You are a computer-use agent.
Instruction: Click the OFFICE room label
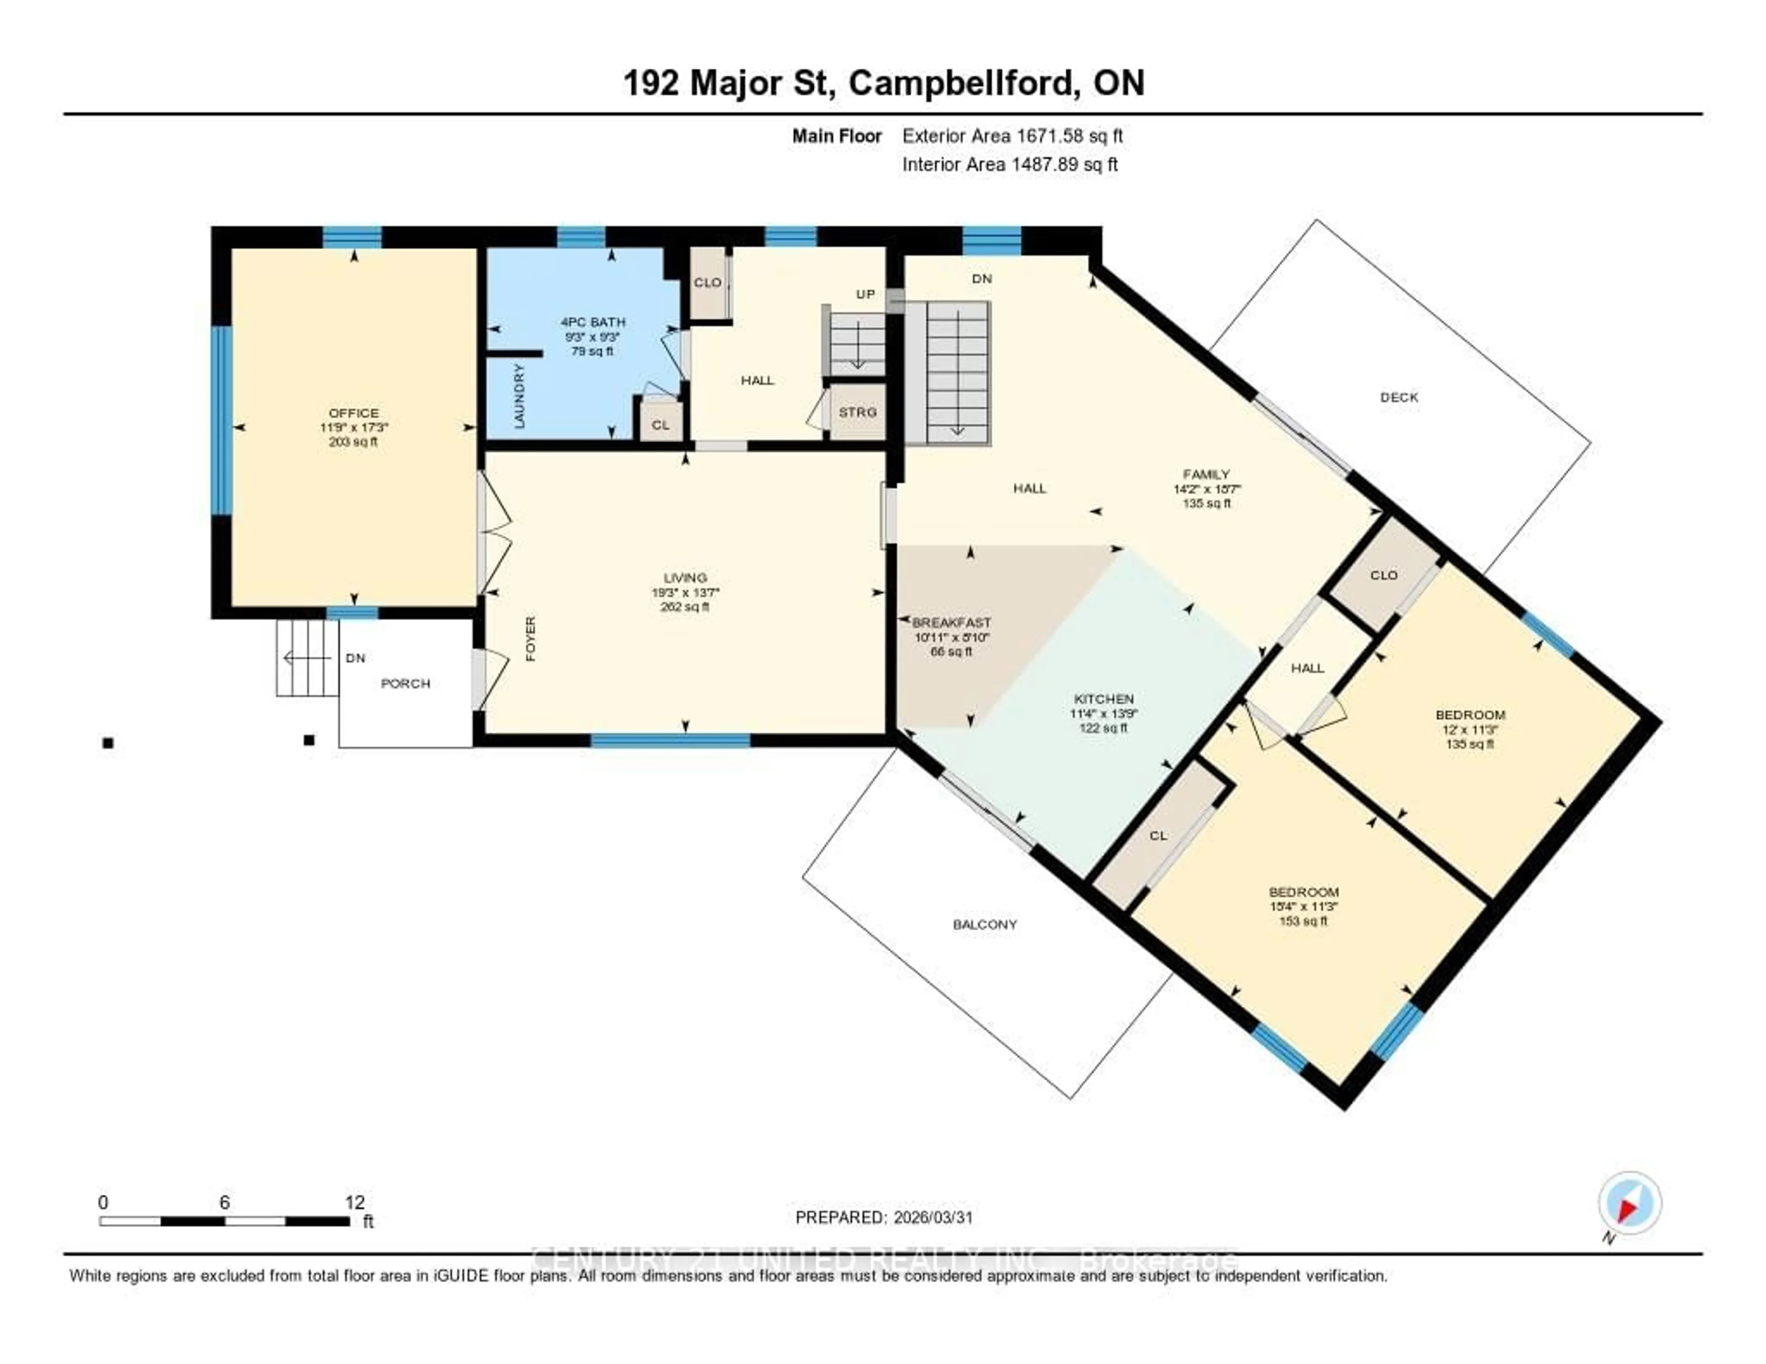point(353,413)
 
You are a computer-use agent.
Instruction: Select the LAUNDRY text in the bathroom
point(519,396)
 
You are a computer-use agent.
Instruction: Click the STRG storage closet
point(857,413)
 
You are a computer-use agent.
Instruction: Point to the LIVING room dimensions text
point(685,593)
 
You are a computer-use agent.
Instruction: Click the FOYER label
point(530,639)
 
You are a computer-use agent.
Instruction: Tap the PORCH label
point(405,683)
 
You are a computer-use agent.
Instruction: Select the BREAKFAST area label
point(951,623)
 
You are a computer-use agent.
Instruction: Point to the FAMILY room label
point(1206,475)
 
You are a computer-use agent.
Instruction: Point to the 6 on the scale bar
point(224,1202)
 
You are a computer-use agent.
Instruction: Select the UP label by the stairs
point(865,294)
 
